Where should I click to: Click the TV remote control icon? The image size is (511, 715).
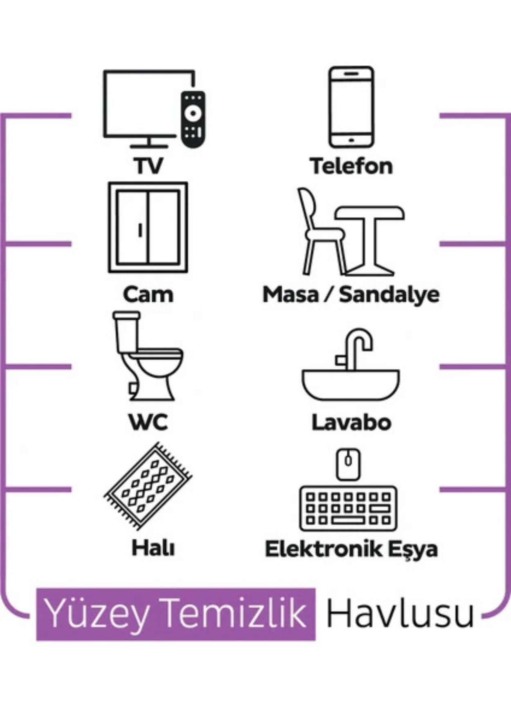(x=193, y=119)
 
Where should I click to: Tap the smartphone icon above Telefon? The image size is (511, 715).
(x=352, y=107)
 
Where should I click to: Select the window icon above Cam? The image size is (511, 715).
(x=148, y=227)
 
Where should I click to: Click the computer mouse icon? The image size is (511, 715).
(x=348, y=464)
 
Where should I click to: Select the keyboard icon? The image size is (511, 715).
(x=348, y=508)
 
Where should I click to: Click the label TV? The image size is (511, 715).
(x=148, y=166)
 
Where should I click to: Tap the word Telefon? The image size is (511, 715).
(x=351, y=166)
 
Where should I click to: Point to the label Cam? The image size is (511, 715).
(x=148, y=295)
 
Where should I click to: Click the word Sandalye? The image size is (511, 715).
(x=389, y=295)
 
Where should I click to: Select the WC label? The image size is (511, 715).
(x=148, y=422)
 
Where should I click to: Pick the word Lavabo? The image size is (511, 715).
(x=351, y=422)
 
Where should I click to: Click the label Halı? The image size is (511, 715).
(x=153, y=547)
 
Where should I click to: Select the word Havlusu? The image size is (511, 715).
(x=400, y=613)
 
